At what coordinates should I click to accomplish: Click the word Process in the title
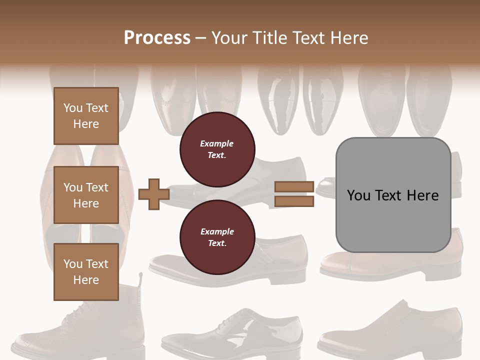[157, 38]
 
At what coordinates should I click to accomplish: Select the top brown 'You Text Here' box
[86, 116]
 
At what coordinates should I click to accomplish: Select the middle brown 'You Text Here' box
[86, 195]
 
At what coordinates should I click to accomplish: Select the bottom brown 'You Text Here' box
[86, 271]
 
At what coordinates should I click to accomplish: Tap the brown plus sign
[154, 194]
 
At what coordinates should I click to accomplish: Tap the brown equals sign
[294, 194]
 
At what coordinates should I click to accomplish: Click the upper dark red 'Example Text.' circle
[217, 149]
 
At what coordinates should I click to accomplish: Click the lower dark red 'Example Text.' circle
[217, 237]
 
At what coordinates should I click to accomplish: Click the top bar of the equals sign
[294, 187]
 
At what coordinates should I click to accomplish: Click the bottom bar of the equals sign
[294, 201]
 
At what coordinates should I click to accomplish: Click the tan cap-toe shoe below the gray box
[390, 262]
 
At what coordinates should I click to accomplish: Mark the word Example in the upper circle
[217, 143]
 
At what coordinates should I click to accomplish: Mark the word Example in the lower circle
[217, 231]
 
